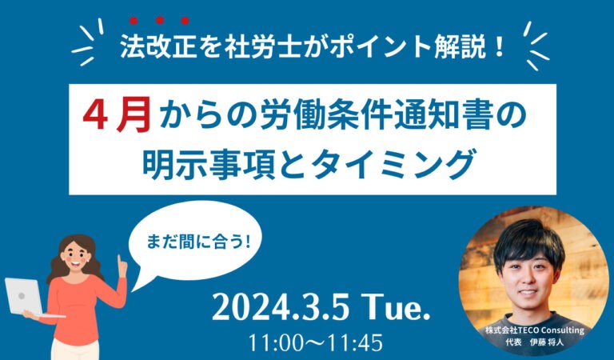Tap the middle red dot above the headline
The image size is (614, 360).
coord(159,20)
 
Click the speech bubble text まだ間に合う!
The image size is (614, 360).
coord(197,242)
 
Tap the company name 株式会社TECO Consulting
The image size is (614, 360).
coord(535,330)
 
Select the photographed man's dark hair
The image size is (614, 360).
coord(528,241)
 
